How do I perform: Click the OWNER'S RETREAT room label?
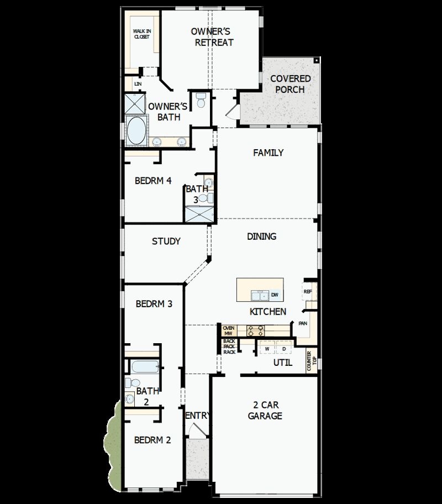(213, 36)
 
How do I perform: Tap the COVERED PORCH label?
(290, 84)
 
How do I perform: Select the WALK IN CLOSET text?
(141, 34)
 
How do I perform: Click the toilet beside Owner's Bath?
(201, 100)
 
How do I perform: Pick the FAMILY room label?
(268, 153)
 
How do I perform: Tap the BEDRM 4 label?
(153, 181)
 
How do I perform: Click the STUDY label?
(166, 242)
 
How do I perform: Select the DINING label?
(261, 237)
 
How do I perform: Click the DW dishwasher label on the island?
(275, 295)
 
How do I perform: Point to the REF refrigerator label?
(308, 291)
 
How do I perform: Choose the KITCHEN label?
(268, 312)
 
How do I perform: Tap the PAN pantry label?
(303, 324)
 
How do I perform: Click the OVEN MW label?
(229, 330)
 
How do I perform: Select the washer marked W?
(266, 349)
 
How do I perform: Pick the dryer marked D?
(284, 349)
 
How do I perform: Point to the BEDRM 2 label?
(152, 440)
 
